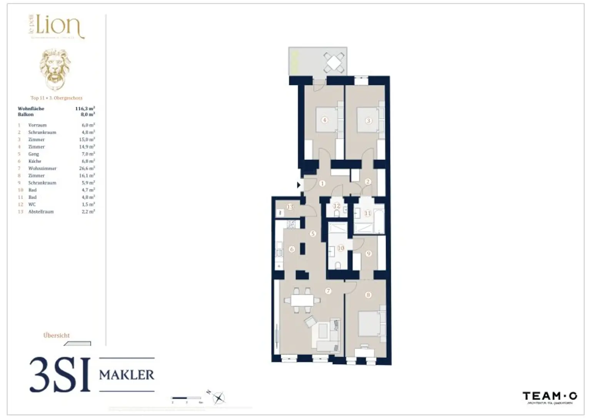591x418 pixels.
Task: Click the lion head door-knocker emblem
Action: pos(56,69)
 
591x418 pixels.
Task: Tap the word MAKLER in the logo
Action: pos(127,375)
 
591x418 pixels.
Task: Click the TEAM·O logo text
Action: pos(549,396)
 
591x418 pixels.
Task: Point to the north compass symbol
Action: pos(218,397)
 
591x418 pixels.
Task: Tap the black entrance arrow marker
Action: pos(299,185)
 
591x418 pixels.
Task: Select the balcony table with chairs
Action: pos(334,62)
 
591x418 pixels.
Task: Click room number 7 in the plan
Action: pos(328,291)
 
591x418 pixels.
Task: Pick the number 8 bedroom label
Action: pos(368,295)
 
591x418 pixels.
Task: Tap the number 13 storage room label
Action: pos(290,207)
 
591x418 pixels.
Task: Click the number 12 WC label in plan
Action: pos(337,206)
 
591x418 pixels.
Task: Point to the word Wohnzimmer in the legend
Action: pos(42,168)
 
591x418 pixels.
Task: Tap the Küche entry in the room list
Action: pos(35,161)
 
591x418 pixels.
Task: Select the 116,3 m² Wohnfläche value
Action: pos(85,109)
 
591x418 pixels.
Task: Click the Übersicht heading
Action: pos(57,335)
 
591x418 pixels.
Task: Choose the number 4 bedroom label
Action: pos(325,120)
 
